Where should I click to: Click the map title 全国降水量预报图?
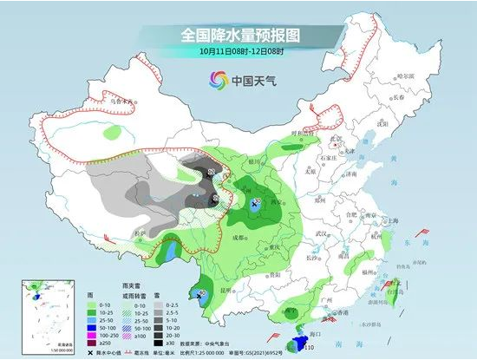238,36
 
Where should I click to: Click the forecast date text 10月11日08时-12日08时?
238,51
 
